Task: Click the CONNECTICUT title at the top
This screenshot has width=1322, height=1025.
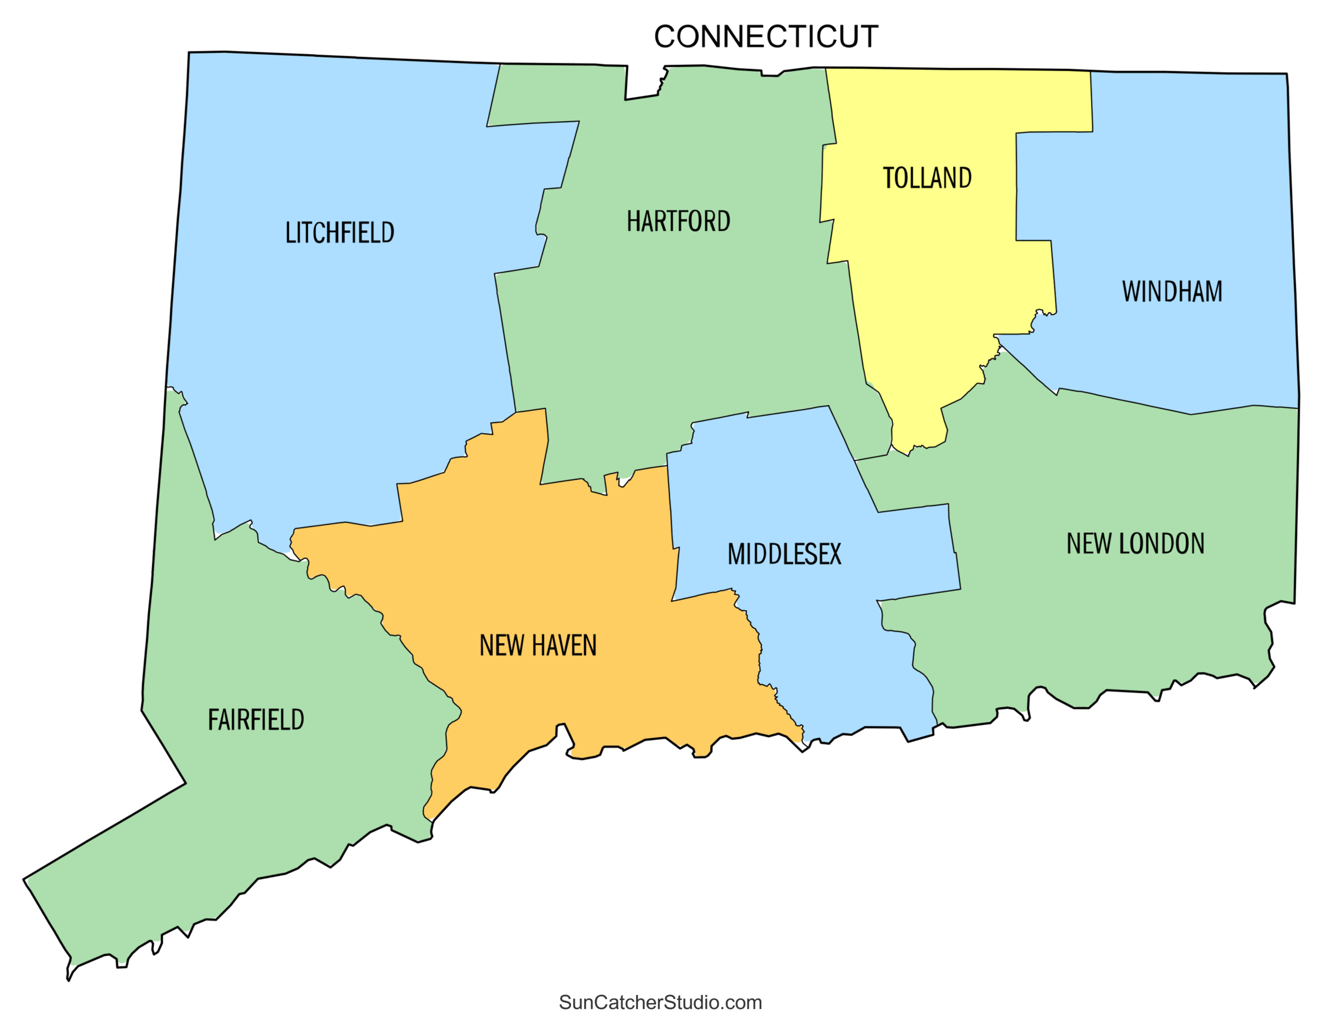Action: point(766,37)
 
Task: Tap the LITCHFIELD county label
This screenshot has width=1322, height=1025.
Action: point(340,233)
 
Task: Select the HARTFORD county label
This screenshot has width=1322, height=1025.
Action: point(678,222)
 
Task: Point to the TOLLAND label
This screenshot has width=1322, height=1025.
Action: point(927,178)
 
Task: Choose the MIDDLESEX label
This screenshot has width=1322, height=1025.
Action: point(784,555)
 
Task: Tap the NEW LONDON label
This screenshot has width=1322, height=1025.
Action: point(1135,544)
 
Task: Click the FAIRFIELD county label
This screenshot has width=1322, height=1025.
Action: point(256,720)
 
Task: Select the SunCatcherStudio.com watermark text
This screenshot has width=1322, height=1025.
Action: point(660,1002)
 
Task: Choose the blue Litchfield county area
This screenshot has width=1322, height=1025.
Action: point(339,363)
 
